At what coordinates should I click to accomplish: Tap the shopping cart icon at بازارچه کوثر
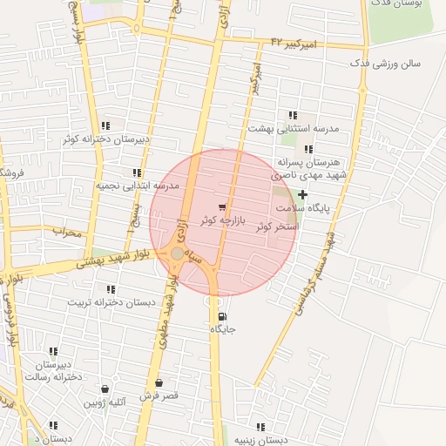tap(223, 207)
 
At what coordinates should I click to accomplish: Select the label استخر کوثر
tap(277, 226)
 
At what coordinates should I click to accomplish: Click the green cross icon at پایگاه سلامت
tap(302, 194)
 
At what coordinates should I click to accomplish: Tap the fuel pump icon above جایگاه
tap(220, 315)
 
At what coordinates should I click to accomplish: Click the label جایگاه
tap(222, 329)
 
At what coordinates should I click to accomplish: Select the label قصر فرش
tap(159, 395)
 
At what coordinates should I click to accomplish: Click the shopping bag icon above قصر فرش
tap(159, 382)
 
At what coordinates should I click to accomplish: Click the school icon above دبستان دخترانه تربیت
tap(111, 289)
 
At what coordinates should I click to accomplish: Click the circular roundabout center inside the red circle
tap(177, 253)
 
